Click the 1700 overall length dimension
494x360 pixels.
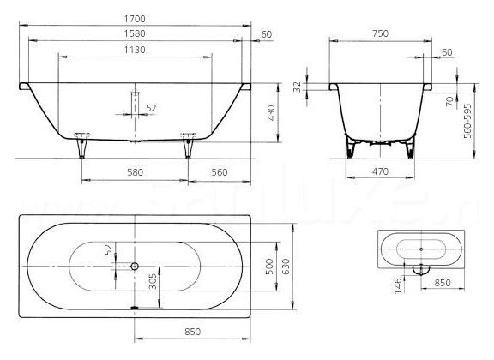point(135,19)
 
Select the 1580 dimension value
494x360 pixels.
point(135,33)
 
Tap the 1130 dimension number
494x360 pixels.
point(135,50)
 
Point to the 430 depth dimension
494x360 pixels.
point(271,113)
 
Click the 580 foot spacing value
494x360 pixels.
point(135,172)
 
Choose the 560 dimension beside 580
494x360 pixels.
point(220,172)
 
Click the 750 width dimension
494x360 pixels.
point(380,33)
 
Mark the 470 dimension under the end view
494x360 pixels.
point(380,172)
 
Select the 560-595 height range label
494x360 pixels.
point(468,121)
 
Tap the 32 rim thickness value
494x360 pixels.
point(298,87)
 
